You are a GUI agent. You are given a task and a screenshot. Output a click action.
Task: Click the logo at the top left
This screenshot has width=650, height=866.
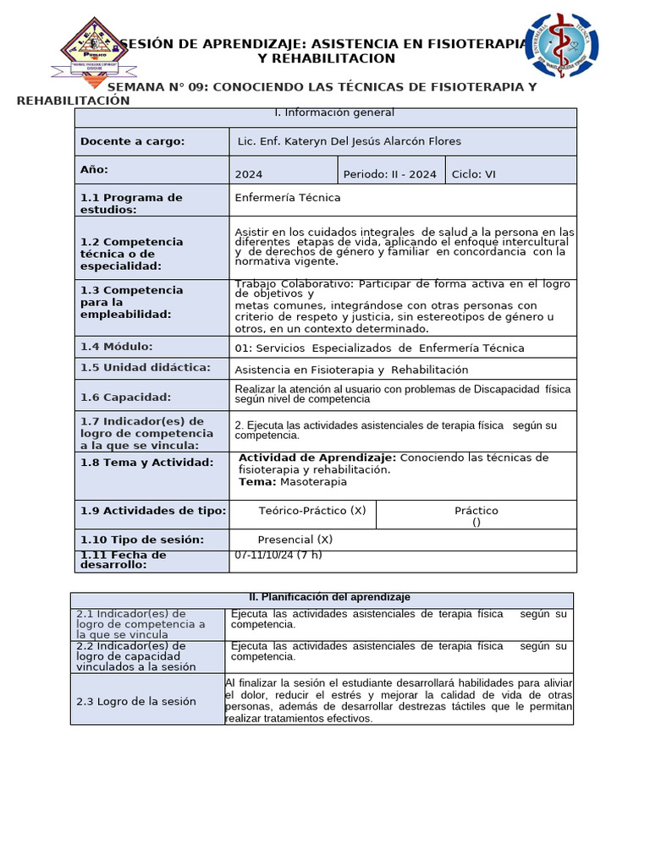94,49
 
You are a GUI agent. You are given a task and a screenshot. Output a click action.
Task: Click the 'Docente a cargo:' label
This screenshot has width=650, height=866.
132,141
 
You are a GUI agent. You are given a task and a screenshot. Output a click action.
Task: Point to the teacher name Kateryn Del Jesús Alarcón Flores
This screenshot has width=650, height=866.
350,141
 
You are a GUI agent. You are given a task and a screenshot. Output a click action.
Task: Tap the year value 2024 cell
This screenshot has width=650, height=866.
249,174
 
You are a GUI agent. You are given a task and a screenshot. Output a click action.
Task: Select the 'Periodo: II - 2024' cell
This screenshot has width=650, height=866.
389,174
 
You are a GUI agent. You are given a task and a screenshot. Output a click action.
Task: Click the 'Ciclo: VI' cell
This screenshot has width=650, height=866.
474,174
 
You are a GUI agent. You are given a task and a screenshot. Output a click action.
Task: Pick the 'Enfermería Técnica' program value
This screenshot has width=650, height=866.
288,197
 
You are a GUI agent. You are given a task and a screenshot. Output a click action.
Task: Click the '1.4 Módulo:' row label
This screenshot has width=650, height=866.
116,347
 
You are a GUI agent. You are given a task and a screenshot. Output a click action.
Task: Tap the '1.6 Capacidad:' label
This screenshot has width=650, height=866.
125,397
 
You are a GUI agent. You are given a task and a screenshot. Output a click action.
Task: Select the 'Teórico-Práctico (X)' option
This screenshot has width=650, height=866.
311,511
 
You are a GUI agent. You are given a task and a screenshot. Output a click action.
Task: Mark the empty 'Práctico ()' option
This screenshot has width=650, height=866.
476,516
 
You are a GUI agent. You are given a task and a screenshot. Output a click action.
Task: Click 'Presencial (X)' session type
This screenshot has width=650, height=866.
295,540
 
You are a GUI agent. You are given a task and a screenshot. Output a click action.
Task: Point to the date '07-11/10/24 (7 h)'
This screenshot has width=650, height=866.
278,555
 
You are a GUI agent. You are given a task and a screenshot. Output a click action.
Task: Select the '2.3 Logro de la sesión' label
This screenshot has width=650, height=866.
135,701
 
